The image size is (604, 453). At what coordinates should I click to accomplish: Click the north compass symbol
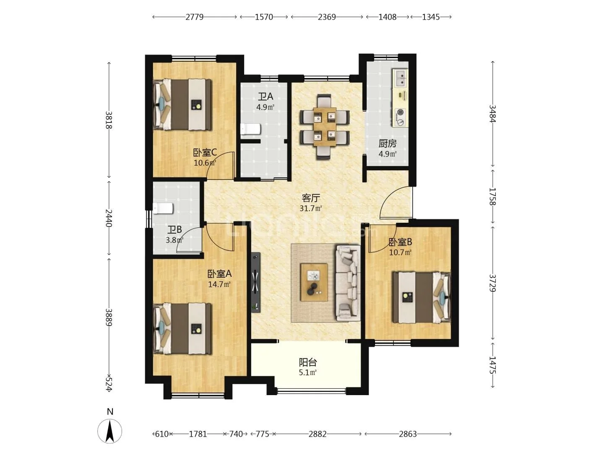pyautogui.click(x=110, y=431)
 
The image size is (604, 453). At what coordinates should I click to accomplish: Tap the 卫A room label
pyautogui.click(x=265, y=96)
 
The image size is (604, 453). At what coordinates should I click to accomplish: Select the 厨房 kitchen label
pyautogui.click(x=388, y=143)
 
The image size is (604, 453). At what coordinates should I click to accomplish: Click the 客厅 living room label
pyautogui.click(x=311, y=198)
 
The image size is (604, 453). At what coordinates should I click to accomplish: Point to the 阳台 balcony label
pyautogui.click(x=308, y=362)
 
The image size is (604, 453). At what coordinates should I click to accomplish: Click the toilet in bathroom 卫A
pyautogui.click(x=250, y=129)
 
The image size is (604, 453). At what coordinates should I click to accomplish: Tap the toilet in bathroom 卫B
pyautogui.click(x=163, y=208)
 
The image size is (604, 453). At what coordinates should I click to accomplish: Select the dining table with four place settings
pyautogui.click(x=325, y=127)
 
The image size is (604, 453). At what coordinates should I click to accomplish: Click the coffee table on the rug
pyautogui.click(x=314, y=282)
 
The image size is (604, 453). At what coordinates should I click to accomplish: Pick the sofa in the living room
pyautogui.click(x=348, y=283)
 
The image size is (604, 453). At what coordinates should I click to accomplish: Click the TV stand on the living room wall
pyautogui.click(x=255, y=282)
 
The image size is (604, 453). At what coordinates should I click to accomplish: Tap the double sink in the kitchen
pyautogui.click(x=401, y=78)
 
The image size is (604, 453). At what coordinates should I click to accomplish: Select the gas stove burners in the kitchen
pyautogui.click(x=401, y=117)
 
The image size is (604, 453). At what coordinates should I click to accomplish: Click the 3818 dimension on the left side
pyautogui.click(x=109, y=120)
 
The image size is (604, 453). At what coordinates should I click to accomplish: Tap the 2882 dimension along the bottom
pyautogui.click(x=318, y=434)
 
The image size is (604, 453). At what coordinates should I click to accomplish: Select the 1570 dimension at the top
pyautogui.click(x=264, y=17)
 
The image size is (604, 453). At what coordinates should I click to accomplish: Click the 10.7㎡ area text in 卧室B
pyautogui.click(x=400, y=252)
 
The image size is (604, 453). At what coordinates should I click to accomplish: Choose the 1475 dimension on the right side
pyautogui.click(x=492, y=365)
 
